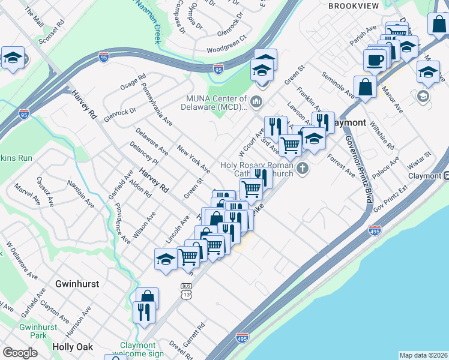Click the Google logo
[20, 353]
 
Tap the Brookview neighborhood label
[352, 5]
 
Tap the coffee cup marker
[375, 61]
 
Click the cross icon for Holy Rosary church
[303, 167]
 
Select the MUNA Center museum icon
[258, 100]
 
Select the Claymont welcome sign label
[142, 349]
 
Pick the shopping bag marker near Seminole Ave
[365, 87]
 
